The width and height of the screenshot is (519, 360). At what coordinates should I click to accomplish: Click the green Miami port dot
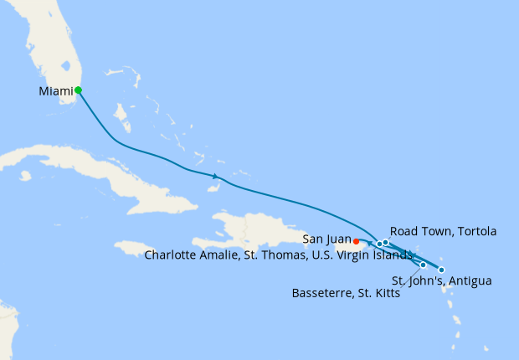(78, 90)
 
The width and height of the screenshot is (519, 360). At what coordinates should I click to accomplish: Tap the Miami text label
(55, 90)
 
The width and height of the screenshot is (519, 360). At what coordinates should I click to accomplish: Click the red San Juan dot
(357, 241)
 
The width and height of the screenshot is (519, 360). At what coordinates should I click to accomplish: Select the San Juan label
(327, 239)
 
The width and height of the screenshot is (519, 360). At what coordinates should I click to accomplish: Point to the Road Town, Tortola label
(444, 231)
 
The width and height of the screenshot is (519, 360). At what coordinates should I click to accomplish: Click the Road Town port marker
(386, 243)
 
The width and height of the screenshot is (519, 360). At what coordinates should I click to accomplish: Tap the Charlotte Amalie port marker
(380, 244)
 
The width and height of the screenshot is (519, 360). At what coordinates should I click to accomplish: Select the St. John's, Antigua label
(442, 280)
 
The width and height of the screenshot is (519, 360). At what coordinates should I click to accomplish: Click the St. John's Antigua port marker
(441, 270)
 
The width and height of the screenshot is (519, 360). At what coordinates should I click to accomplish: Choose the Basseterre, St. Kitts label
(345, 294)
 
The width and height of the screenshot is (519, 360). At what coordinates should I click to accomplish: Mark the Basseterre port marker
(423, 265)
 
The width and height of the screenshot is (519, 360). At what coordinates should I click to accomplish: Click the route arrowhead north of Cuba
(215, 176)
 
